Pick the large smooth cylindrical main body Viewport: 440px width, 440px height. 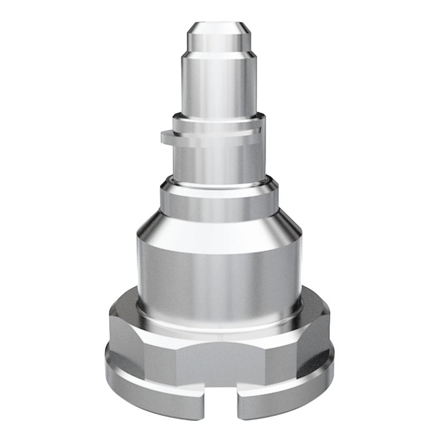point(219,273)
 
